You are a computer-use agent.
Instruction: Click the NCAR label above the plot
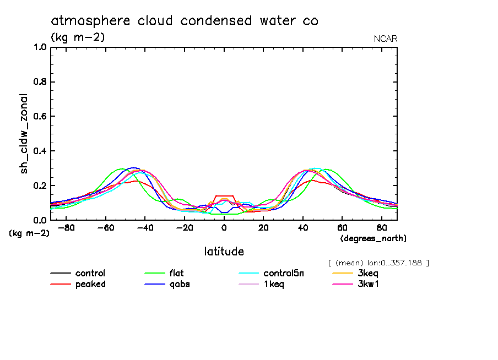click(385, 39)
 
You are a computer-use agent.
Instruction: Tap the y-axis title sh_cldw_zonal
click(24, 133)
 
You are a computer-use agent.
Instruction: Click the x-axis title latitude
click(224, 252)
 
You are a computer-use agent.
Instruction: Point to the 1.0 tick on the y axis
click(40, 47)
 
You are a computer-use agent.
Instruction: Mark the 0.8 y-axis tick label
click(40, 82)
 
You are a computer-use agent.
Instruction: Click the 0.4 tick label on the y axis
click(40, 151)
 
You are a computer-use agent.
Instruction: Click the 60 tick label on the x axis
click(342, 228)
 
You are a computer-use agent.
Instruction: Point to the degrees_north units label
click(373, 238)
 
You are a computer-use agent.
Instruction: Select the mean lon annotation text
click(378, 263)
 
